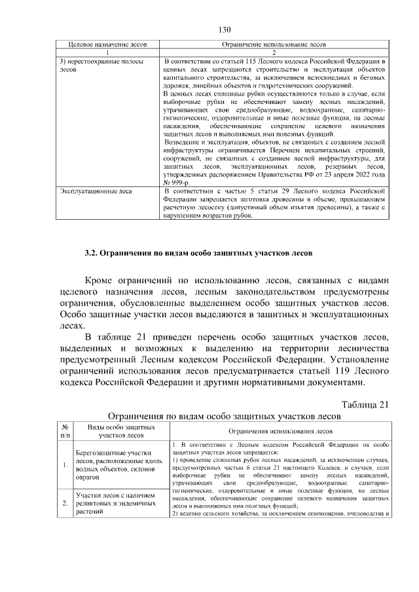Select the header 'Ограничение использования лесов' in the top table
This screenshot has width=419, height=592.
(273, 44)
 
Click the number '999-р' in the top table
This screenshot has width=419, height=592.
(180, 183)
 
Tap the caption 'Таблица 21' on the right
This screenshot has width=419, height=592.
(366, 404)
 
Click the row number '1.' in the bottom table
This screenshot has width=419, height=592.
(64, 465)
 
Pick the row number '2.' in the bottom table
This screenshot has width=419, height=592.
(64, 504)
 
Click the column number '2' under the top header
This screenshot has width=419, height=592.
(273, 52)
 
